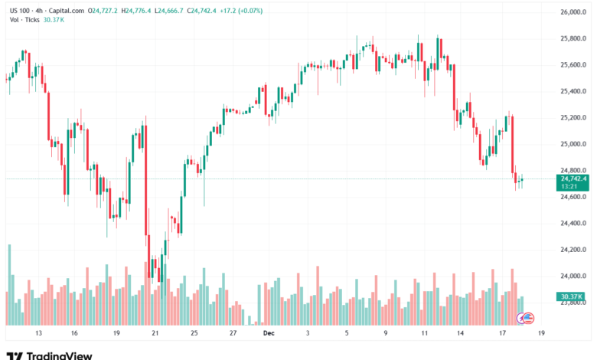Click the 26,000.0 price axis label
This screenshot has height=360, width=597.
coord(573,12)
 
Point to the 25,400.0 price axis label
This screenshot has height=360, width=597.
coord(573,91)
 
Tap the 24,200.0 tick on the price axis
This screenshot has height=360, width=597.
coord(573,250)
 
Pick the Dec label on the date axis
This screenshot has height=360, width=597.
coord(268,333)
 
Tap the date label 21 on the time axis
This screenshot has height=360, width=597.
coord(155,333)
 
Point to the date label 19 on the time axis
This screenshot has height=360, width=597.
coord(116,333)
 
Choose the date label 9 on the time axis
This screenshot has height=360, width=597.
coord(387,333)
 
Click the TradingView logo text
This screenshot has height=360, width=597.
coord(60,355)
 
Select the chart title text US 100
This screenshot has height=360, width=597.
coord(18,10)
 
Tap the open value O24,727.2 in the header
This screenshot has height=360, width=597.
coord(103,10)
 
